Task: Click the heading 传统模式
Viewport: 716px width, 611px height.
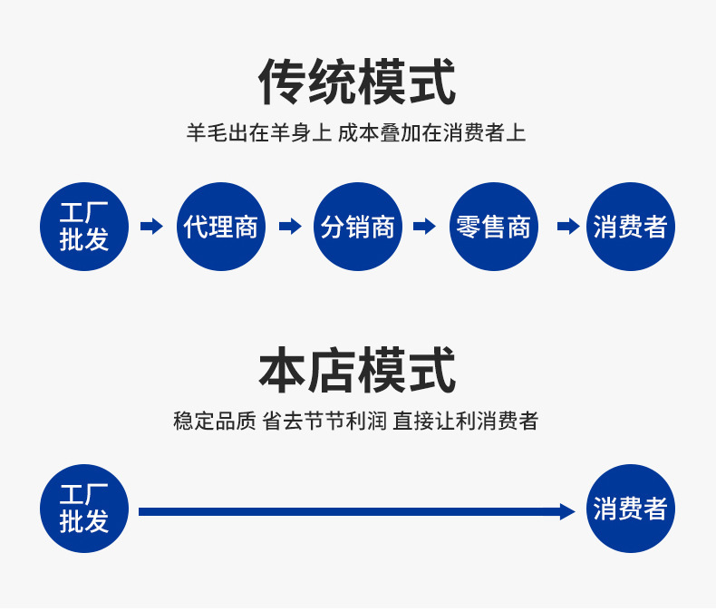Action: point(357,82)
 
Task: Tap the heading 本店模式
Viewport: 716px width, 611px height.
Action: point(357,371)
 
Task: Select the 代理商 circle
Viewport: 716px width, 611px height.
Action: point(221,227)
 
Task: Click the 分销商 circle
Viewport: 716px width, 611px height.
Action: point(358,227)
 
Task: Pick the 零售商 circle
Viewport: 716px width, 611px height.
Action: point(494,227)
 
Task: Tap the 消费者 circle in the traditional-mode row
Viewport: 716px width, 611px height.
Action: point(631,227)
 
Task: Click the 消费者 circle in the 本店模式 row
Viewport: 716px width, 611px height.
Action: point(631,509)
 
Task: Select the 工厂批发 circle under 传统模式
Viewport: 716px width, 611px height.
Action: point(84,227)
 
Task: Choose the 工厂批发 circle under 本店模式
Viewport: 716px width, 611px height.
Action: point(84,509)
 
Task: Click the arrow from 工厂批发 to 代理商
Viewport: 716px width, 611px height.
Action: point(152,227)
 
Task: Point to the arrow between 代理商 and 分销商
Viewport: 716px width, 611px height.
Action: point(290,227)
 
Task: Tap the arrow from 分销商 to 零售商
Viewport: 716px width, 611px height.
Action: point(425,227)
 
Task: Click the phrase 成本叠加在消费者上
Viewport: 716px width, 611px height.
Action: point(432,133)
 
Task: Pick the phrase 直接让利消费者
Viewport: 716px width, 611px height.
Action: point(466,422)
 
